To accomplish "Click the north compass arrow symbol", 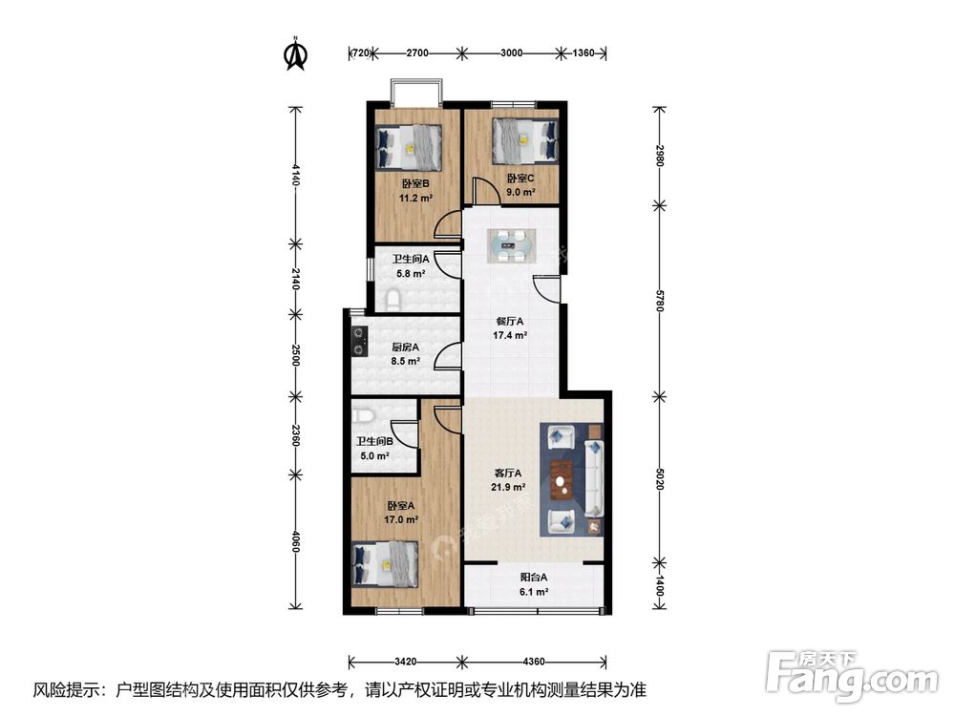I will [296, 54].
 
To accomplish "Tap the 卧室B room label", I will [414, 184].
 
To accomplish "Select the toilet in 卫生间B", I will [360, 416].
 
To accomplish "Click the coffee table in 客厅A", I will [562, 480].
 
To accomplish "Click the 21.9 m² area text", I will [509, 487].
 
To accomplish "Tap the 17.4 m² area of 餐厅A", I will [509, 335].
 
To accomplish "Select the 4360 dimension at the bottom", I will [534, 661].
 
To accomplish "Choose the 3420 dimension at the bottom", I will [407, 661].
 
